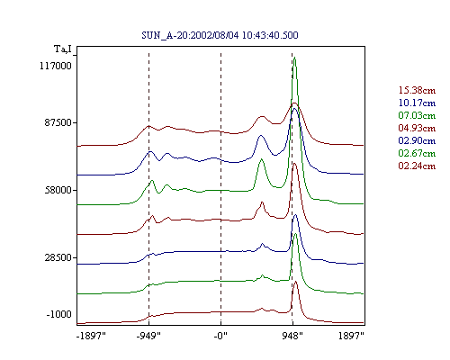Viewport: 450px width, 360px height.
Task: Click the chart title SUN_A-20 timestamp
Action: coord(220,35)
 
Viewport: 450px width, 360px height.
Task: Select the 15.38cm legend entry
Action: coord(417,90)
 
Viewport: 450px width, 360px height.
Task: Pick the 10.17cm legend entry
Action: coord(417,103)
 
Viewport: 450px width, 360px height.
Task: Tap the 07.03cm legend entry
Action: coord(417,115)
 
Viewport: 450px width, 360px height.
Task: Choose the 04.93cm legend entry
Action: coord(417,128)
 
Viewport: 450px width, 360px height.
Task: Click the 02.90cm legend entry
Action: coord(417,140)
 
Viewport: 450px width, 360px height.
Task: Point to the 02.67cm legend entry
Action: coord(417,153)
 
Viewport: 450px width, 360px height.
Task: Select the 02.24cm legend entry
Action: coord(417,166)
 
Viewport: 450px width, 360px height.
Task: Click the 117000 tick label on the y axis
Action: coord(56,66)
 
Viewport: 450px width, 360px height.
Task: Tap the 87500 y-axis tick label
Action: coord(58,122)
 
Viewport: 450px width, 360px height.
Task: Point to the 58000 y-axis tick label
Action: coord(58,190)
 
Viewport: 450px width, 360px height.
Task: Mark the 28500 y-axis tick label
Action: coord(58,257)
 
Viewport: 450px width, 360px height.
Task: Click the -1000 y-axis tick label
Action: coord(58,314)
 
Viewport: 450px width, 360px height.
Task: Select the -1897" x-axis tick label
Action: coord(91,336)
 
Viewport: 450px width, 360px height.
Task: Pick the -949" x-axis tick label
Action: coord(148,336)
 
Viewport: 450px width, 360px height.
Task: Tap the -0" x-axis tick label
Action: coord(220,336)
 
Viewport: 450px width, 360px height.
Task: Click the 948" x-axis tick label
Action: coord(292,336)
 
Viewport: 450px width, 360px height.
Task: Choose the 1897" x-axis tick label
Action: coord(351,336)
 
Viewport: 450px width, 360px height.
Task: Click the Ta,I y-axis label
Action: coord(63,49)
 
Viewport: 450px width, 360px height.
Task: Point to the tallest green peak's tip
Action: coord(294,58)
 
